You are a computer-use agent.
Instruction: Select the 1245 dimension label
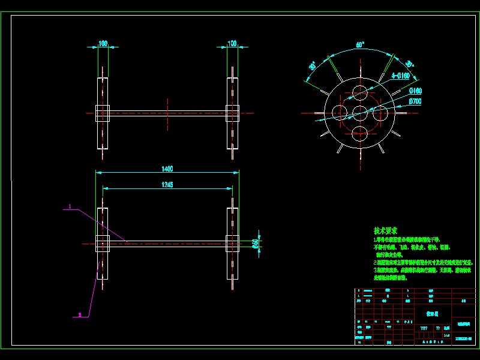click(167, 185)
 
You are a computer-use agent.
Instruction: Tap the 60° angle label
click(360, 45)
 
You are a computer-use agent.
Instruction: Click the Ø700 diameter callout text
click(415, 101)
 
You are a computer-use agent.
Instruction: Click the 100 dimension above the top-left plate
click(103, 43)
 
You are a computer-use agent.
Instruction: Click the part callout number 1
click(70, 206)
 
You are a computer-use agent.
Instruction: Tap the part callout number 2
click(79, 314)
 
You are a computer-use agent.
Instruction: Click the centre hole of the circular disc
click(360, 112)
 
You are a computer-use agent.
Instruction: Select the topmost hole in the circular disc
click(360, 92)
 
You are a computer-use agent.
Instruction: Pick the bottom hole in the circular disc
click(360, 133)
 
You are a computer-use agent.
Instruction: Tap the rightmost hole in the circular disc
click(380, 112)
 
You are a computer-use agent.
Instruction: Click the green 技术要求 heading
click(386, 230)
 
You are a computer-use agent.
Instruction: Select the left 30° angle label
click(313, 66)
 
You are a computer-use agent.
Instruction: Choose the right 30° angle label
click(409, 65)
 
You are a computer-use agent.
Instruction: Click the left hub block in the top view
click(103, 112)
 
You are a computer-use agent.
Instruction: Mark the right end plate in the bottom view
click(233, 243)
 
